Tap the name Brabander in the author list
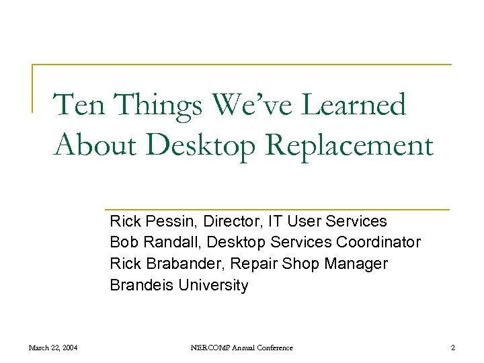(177, 264)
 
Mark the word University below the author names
(213, 286)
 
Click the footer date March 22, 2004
(52, 348)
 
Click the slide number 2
(453, 348)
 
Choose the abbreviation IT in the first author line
(276, 221)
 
